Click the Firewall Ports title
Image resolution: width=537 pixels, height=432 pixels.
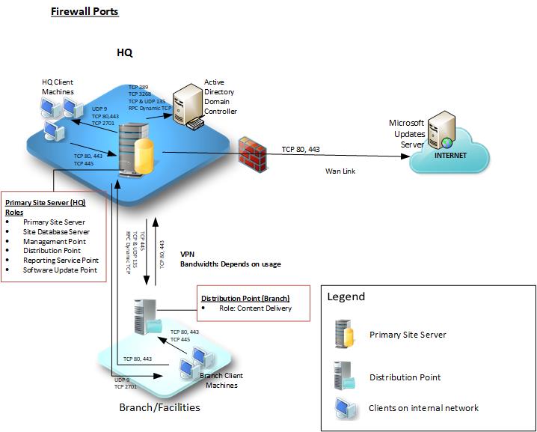(x=84, y=12)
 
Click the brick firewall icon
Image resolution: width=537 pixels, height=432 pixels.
(x=253, y=154)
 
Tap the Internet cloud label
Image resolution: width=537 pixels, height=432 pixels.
(x=450, y=155)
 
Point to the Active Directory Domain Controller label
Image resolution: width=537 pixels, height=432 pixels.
(x=220, y=97)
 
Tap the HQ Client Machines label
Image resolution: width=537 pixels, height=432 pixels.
(x=58, y=86)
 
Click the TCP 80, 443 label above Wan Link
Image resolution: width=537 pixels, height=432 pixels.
(x=301, y=149)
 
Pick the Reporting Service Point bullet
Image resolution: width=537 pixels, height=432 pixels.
(x=59, y=261)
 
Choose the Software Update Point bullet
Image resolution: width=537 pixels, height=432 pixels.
(x=60, y=270)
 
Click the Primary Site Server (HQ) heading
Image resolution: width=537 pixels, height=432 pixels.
(x=45, y=207)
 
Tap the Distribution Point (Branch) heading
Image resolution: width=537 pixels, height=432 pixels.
(x=245, y=298)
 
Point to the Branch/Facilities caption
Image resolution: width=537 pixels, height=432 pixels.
(x=159, y=408)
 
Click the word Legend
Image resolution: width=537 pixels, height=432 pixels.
(x=346, y=296)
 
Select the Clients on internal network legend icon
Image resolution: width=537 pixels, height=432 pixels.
(x=345, y=407)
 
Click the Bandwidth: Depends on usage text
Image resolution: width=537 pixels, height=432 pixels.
(x=230, y=264)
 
